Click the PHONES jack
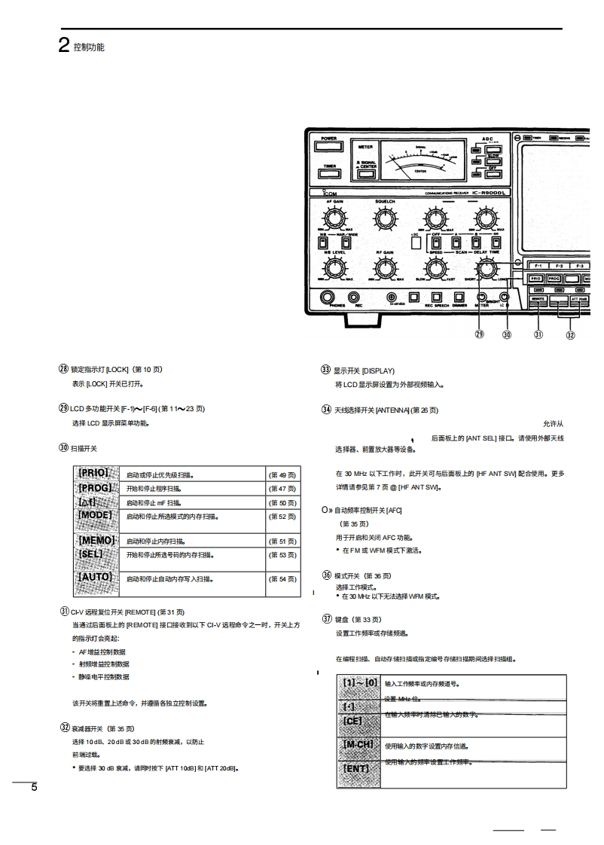click(x=328, y=297)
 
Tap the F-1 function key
click(x=538, y=266)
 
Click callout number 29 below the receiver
click(x=480, y=334)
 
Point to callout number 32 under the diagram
click(x=570, y=334)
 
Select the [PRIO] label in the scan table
click(x=94, y=474)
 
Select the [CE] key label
click(x=353, y=721)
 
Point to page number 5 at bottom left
click(x=33, y=788)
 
